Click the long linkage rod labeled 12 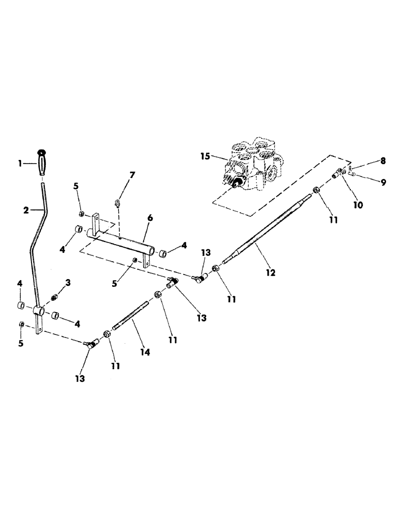click(x=269, y=227)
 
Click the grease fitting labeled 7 click(x=118, y=202)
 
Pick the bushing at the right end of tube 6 click(x=163, y=253)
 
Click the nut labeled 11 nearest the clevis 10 click(x=318, y=191)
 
